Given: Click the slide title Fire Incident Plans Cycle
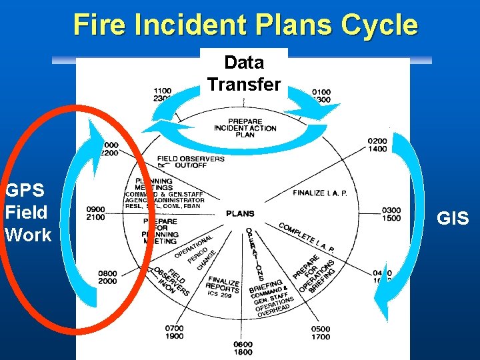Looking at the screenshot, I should tap(245, 25).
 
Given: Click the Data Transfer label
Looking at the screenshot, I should tap(244, 73).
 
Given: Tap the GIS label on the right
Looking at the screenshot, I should tap(453, 218).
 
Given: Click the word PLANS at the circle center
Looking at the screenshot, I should tap(240, 214).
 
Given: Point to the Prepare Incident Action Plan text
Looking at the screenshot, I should tap(244, 127).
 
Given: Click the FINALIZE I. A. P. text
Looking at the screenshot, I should tap(320, 193).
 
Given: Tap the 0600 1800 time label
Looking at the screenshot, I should tap(243, 348).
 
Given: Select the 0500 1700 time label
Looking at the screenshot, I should tap(320, 333).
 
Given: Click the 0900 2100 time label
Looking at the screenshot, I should tap(95, 213).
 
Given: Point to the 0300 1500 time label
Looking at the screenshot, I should tap(391, 214).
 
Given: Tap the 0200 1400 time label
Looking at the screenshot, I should tap(377, 145).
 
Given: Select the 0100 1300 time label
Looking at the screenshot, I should tap(320, 95).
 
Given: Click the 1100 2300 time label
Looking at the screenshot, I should tap(162, 95).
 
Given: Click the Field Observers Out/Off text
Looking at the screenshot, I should tap(191, 162).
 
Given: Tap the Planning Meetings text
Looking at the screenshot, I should tap(153, 184).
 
